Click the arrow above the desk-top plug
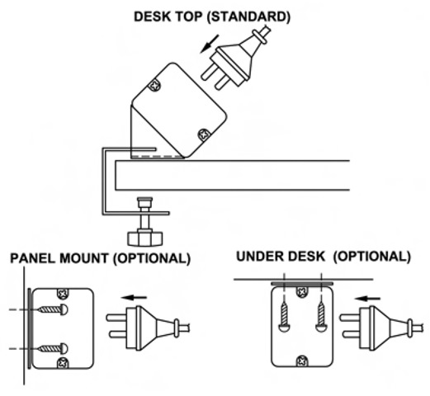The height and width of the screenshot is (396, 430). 210,44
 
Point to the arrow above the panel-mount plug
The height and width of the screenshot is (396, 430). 135,297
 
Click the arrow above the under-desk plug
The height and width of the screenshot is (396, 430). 367,299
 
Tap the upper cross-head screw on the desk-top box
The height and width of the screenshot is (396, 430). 154,86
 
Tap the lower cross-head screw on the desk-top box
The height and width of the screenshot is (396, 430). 204,134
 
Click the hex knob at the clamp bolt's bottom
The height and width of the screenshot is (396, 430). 145,238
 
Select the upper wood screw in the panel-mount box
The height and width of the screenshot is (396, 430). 53,309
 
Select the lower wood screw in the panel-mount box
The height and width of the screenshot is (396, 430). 53,349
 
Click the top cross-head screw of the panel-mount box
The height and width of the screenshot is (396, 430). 63,294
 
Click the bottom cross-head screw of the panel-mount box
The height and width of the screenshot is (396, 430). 63,363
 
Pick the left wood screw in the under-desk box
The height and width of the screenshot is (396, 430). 284,317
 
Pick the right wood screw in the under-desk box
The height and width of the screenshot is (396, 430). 321,317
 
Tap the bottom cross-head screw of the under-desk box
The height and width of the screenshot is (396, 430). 302,361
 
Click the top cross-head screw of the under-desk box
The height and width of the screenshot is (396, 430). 302,291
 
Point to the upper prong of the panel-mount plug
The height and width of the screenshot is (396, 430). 116,318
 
